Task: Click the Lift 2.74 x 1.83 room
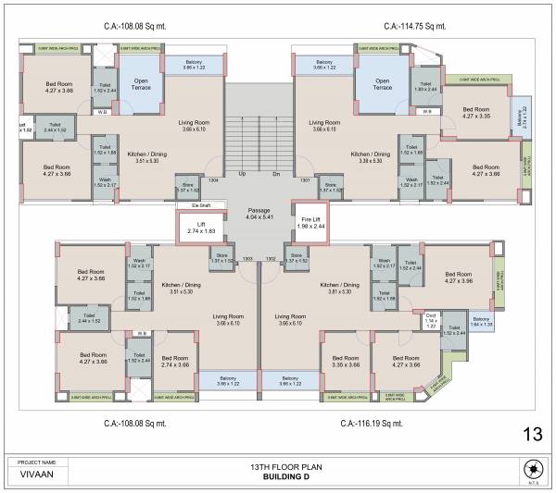200,227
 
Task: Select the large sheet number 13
532,433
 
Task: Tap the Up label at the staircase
242,173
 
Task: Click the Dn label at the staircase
275,173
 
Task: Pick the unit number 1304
214,180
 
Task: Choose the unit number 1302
271,258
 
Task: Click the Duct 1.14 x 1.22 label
431,322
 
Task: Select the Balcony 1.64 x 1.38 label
481,322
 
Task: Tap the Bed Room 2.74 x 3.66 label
173,362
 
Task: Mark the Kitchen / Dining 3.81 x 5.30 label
335,289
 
